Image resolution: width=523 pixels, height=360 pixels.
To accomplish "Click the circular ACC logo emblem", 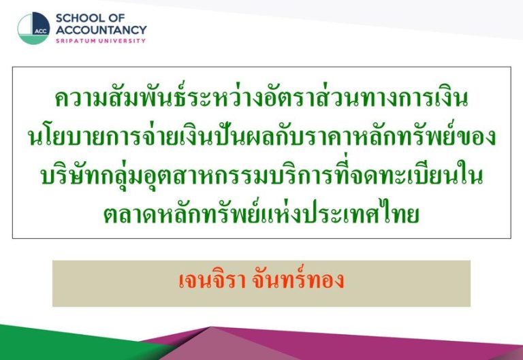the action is [33, 29].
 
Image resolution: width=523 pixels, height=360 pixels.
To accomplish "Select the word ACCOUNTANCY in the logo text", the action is [101, 30].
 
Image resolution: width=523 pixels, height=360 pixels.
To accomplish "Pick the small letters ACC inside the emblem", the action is [41, 31].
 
